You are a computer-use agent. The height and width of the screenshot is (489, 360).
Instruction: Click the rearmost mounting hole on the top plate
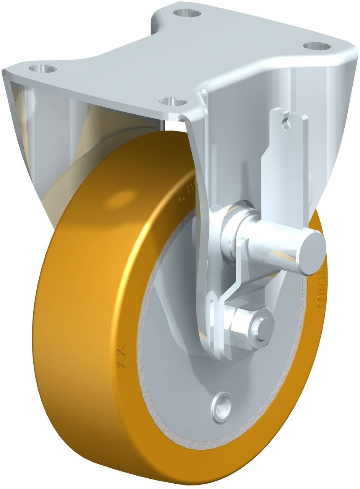point(187,13)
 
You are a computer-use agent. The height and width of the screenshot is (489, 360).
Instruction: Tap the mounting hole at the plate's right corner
point(317,46)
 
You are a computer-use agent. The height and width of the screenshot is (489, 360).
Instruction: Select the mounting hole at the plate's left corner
point(42,69)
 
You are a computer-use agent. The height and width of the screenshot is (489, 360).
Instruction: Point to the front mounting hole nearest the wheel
point(173,102)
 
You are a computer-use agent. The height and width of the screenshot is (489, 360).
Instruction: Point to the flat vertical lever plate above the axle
point(285,160)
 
